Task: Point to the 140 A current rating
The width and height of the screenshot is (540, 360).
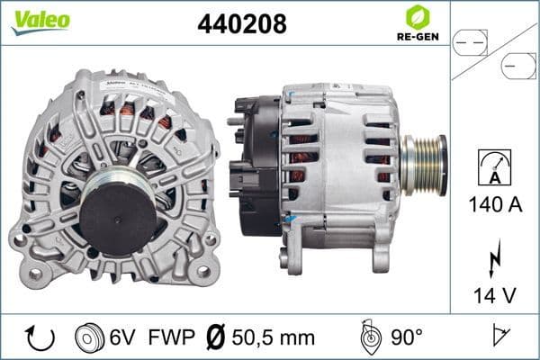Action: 495,206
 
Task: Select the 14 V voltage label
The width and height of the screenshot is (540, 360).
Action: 495,293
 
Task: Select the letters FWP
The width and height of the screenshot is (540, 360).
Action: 170,337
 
